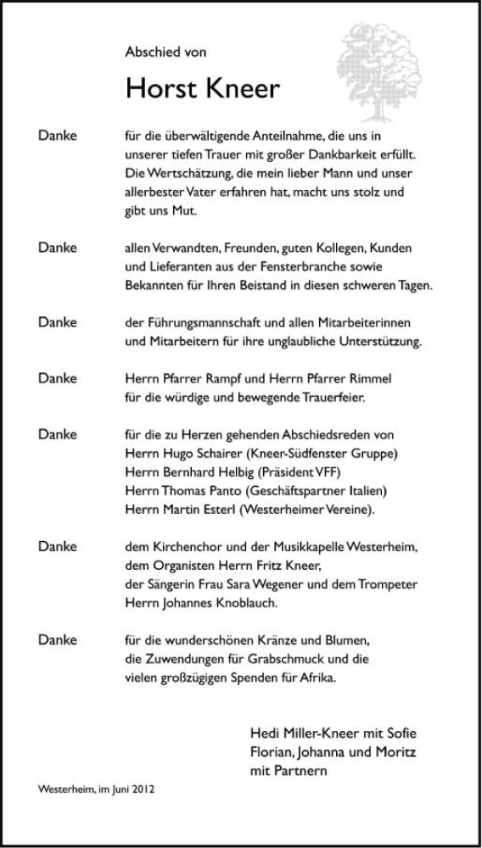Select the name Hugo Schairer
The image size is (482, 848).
tap(193, 452)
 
